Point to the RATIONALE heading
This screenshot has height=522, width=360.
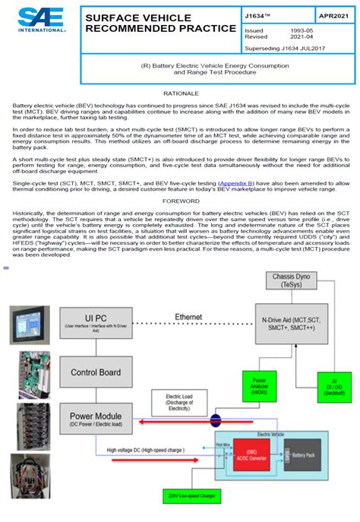(179, 93)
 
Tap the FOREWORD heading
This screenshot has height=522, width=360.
(179, 201)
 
